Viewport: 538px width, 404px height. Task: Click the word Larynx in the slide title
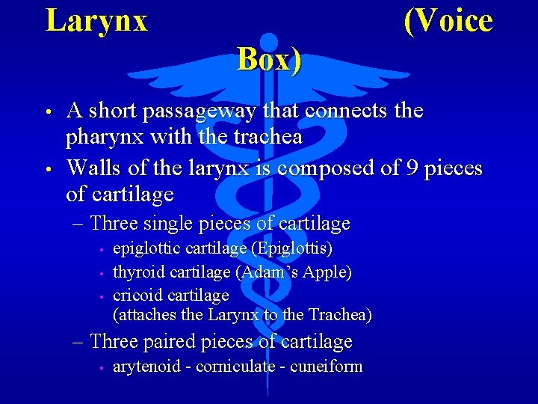pos(96,21)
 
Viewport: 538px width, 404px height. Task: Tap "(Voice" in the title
pos(448,21)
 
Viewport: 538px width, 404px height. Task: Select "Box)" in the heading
pos(270,60)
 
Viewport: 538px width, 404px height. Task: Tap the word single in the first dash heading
pos(176,223)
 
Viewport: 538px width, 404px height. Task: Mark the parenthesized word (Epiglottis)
pos(292,248)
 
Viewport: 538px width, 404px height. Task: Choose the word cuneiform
pos(328,367)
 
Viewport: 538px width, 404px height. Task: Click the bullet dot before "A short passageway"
pos(47,113)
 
